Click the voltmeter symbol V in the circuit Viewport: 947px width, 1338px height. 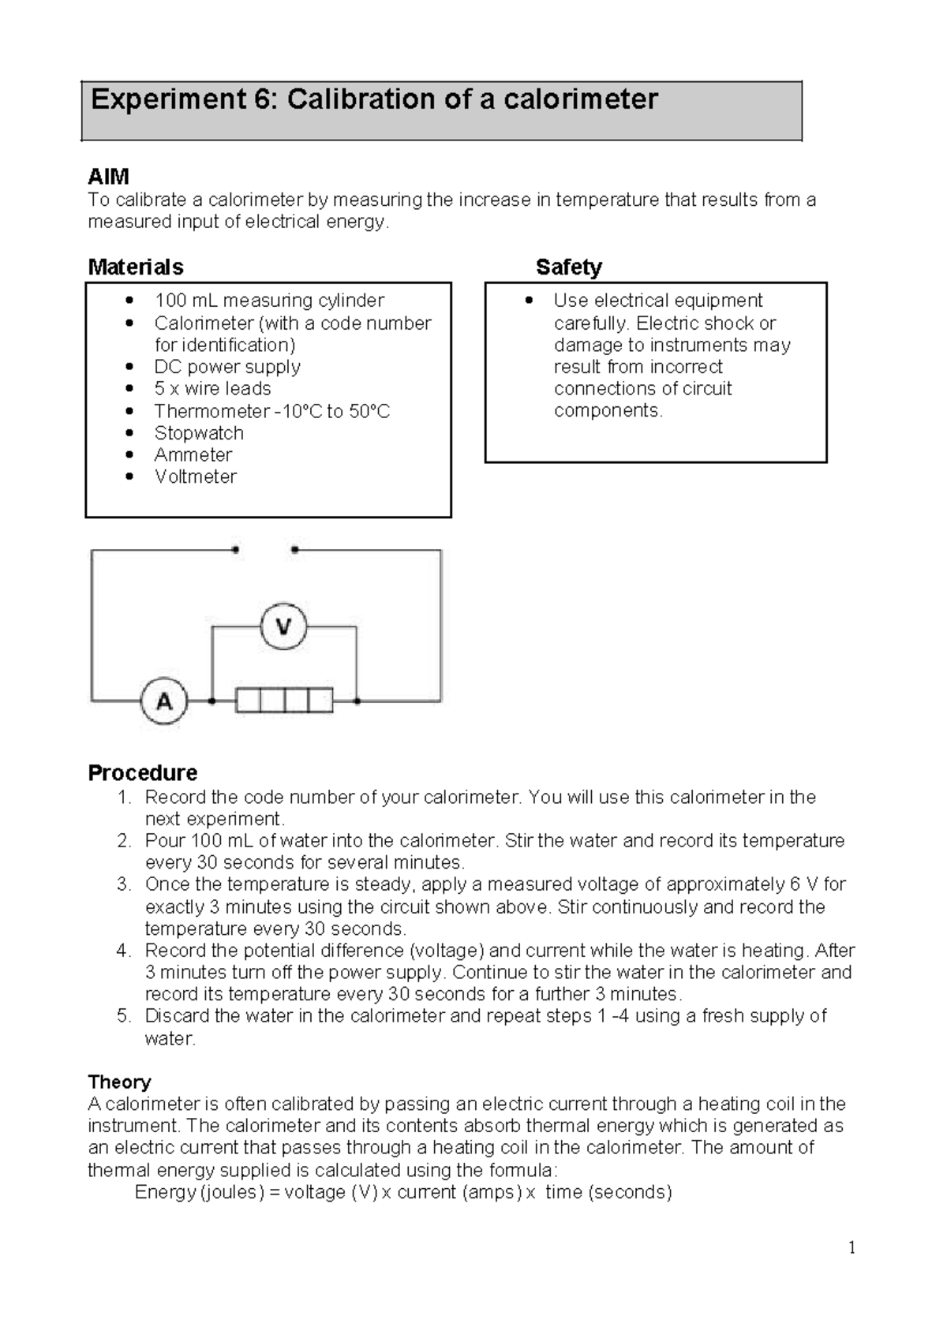(283, 627)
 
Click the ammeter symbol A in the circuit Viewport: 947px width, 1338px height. (164, 701)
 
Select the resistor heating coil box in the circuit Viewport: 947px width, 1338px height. (284, 700)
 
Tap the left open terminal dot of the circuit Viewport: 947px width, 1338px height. (235, 550)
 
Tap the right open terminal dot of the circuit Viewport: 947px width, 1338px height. (294, 550)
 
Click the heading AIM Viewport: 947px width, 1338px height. (108, 177)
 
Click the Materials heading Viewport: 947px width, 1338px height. (136, 267)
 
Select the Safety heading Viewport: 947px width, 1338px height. (568, 267)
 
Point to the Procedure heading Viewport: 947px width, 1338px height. (142, 772)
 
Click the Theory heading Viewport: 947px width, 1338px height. (119, 1082)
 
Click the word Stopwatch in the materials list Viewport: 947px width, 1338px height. (199, 433)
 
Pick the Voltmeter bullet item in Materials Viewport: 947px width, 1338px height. (195, 477)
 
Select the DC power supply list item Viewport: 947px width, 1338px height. (227, 367)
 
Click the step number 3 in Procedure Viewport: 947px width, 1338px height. (123, 884)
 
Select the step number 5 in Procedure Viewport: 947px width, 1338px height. (123, 1016)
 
